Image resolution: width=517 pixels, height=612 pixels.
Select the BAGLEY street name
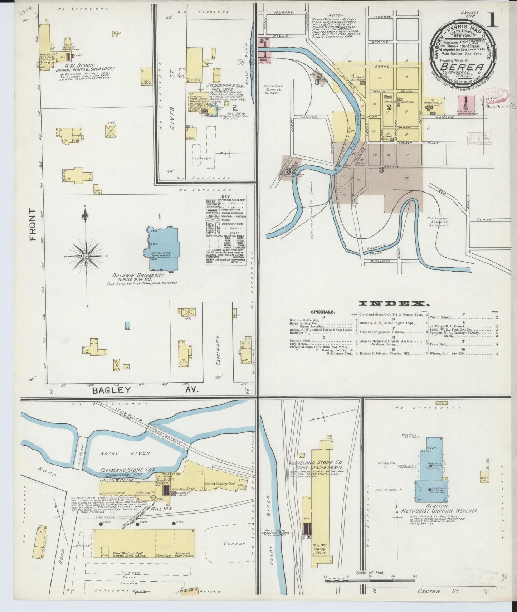(112, 390)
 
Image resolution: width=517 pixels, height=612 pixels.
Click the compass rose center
(86, 256)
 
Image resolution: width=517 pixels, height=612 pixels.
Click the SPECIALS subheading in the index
(323, 312)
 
